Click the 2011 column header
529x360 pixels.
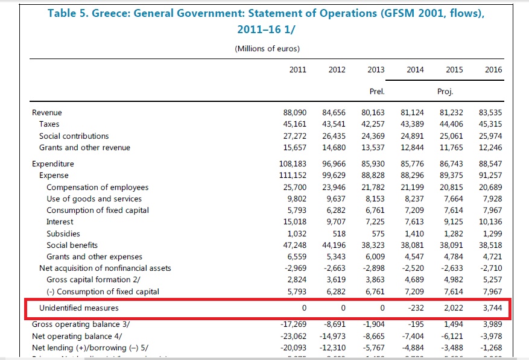tap(298, 70)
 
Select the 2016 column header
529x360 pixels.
tap(493, 70)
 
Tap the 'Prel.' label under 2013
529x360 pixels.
tap(376, 92)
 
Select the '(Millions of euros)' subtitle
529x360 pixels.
tap(267, 49)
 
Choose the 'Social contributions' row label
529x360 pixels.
tap(74, 136)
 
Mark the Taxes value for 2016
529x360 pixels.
tap(490, 124)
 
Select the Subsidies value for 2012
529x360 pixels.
tap(338, 233)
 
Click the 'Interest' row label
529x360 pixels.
tap(60, 222)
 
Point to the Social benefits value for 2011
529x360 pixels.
tap(294, 245)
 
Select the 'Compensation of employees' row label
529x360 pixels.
tap(97, 187)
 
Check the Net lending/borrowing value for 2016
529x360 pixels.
tap(492, 348)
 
